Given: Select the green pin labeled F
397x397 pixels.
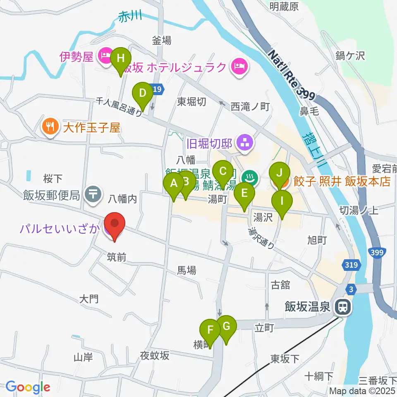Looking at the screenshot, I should coord(210,330).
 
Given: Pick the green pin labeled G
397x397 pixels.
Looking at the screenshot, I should coord(226,326).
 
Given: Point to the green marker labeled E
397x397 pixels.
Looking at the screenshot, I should coord(244,194).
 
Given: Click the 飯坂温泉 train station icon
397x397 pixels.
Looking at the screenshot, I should coord(342,307).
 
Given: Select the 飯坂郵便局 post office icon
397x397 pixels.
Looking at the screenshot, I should coord(93,194).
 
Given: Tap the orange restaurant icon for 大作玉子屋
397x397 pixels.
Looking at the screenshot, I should coord(50,126).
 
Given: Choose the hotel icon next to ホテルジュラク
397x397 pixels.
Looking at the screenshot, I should coord(239,66).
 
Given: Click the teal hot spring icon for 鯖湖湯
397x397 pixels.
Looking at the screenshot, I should coord(250,178).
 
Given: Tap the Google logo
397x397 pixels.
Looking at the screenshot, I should coord(28,387).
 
